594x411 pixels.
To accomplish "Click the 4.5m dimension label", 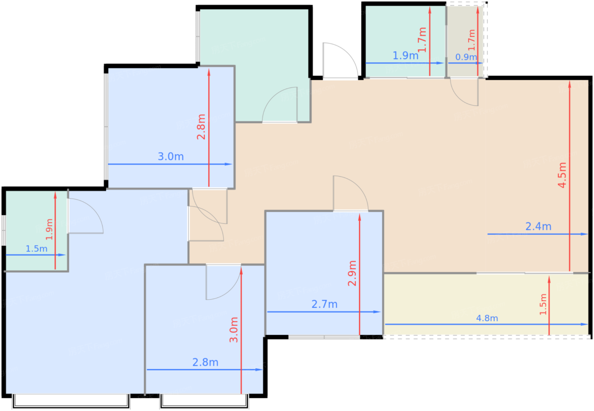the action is pyautogui.click(x=562, y=175).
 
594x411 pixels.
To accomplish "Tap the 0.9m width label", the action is pyautogui.click(x=466, y=57).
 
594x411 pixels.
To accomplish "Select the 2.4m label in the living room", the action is pyautogui.click(x=538, y=226).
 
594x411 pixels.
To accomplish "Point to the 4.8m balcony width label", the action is pyautogui.click(x=487, y=318).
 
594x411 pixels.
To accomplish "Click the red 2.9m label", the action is pyautogui.click(x=352, y=273).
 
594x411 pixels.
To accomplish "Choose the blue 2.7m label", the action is pyautogui.click(x=324, y=304).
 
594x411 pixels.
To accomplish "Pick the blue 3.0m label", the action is pyautogui.click(x=171, y=156).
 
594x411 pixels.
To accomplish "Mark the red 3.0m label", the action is pyautogui.click(x=234, y=330).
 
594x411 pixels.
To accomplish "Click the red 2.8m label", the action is pyautogui.click(x=201, y=127).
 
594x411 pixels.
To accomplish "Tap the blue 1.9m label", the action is pyautogui.click(x=406, y=56).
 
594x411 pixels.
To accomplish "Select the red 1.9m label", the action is pyautogui.click(x=49, y=230).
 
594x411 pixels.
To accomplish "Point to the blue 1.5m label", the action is pyautogui.click(x=36, y=249).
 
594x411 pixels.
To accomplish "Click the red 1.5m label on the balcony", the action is pyautogui.click(x=543, y=304).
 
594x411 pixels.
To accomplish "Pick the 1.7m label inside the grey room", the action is pyautogui.click(x=471, y=40).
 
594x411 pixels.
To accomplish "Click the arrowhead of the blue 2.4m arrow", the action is pyautogui.click(x=584, y=234).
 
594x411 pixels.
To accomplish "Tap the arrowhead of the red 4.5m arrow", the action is pyautogui.click(x=569, y=85).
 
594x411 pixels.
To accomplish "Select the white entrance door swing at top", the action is pyautogui.click(x=340, y=60).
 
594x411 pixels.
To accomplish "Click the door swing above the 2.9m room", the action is pyautogui.click(x=350, y=193).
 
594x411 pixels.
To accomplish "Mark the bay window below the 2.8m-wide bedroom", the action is pyautogui.click(x=204, y=402).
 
